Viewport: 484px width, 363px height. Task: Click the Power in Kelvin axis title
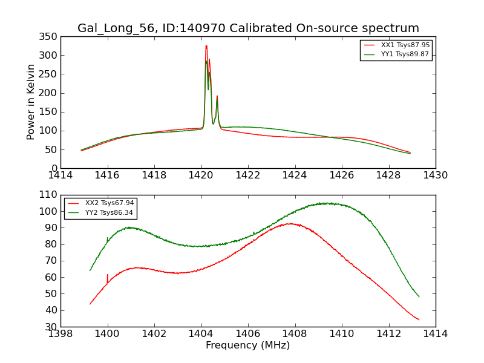click(x=31, y=102)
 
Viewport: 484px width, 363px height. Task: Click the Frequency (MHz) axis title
click(x=247, y=345)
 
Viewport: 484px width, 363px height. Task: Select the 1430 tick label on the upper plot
click(x=435, y=175)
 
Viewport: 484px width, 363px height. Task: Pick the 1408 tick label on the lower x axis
click(x=295, y=334)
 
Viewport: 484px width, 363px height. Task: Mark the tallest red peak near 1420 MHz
click(x=206, y=46)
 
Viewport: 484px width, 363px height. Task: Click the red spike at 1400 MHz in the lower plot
click(x=108, y=275)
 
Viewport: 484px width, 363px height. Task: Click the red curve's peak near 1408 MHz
click(x=291, y=224)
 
